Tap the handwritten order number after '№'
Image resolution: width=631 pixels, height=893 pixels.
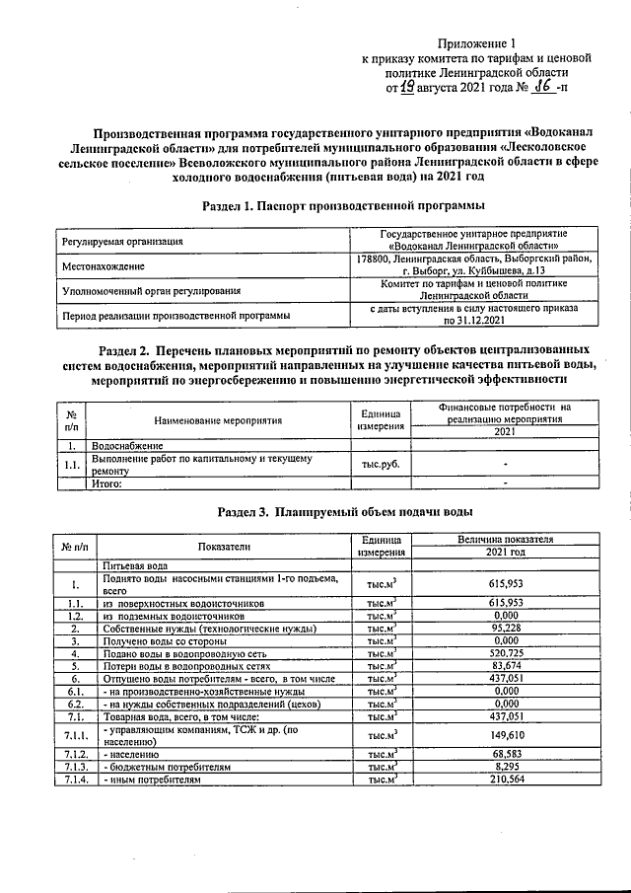(x=541, y=87)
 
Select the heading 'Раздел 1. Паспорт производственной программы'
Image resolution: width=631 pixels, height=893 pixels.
(x=342, y=205)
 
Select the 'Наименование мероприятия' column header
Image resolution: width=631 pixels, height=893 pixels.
(x=218, y=420)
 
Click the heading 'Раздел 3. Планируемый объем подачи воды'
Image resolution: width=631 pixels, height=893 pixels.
(x=344, y=512)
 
